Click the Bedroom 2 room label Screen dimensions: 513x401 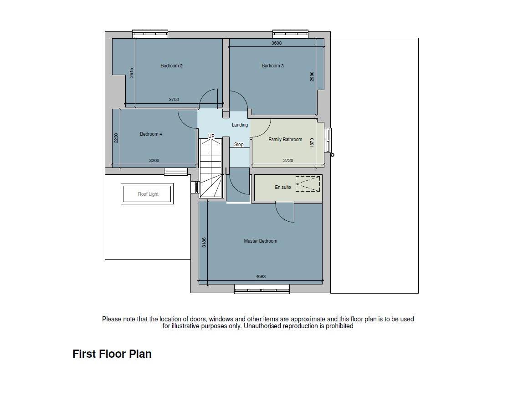coord(171,66)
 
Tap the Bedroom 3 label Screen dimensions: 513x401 coord(272,66)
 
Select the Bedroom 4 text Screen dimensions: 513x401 coord(151,134)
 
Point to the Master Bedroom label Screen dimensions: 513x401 coord(261,241)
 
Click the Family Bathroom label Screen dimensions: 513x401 coord(285,140)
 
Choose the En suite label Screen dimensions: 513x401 coord(282,187)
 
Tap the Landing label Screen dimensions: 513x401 coord(240,125)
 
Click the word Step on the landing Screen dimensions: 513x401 coord(239,144)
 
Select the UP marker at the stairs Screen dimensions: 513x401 coord(211,136)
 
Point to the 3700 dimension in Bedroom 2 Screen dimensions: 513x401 coord(174,99)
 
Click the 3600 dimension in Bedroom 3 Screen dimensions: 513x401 coord(277,43)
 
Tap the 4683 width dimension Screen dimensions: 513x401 coord(261,276)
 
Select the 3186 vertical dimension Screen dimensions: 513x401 coord(204,242)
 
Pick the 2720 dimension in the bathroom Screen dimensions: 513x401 coord(288,161)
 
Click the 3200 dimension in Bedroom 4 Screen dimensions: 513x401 coord(154,161)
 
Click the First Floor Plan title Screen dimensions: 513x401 coord(112,354)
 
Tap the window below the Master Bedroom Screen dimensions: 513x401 coord(262,289)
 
